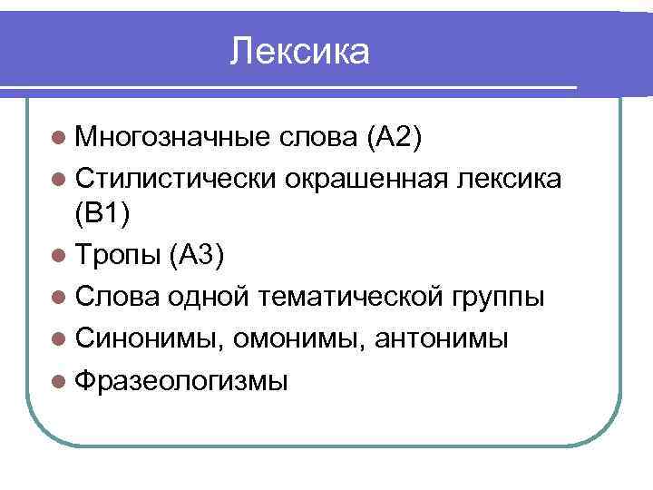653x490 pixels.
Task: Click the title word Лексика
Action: point(300,52)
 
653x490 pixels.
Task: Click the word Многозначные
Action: point(172,137)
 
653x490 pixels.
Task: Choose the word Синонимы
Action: point(149,338)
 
